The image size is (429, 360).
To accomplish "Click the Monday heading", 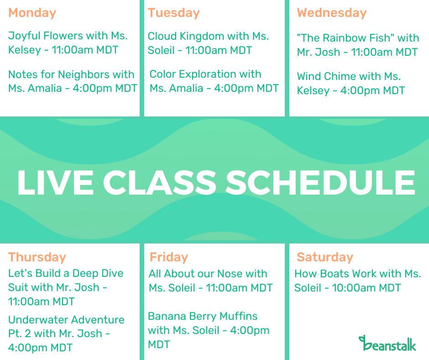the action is coord(32,13).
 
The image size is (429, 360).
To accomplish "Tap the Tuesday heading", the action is coord(174,13).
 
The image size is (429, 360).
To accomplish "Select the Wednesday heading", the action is coord(332,13).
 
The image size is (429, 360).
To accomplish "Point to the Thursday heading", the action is coord(37,257).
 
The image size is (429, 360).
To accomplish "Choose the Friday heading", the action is coord(169,257).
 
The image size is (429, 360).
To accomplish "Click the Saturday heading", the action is coord(325,257).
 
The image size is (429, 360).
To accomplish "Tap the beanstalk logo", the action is coord(387,343).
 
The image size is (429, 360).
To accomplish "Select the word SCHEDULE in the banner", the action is coord(320,182).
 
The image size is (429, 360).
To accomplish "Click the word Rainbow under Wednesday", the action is coord(358,38).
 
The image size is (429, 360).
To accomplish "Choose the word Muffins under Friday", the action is coord(238,316).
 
